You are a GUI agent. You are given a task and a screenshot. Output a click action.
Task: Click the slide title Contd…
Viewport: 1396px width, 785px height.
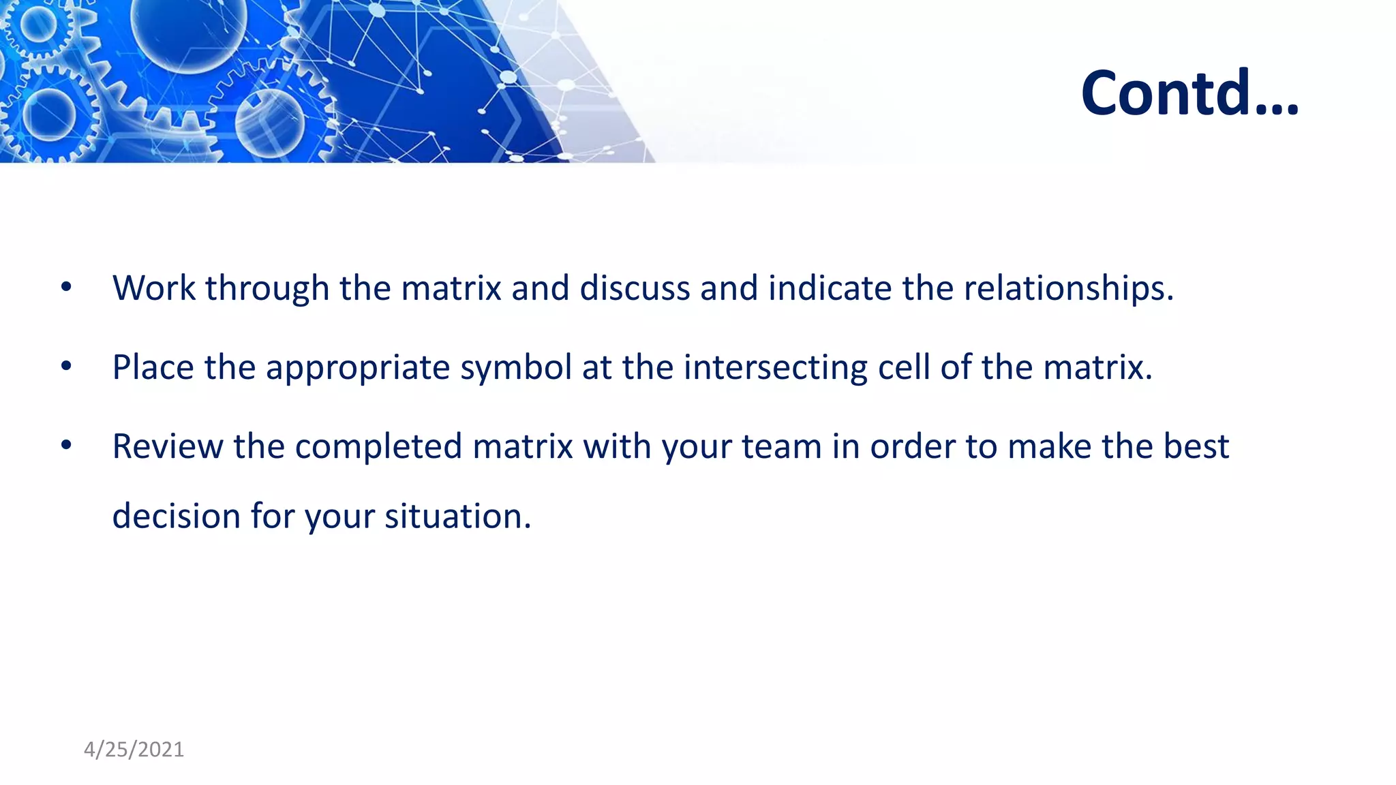point(1189,93)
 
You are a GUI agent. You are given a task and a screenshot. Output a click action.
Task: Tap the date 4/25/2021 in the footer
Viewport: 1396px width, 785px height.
point(134,750)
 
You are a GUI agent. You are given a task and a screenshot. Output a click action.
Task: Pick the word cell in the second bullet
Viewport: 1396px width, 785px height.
point(904,367)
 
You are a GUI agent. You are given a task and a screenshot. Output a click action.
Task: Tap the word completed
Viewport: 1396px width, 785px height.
point(378,446)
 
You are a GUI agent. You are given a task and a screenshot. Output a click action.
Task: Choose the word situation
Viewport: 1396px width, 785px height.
point(457,516)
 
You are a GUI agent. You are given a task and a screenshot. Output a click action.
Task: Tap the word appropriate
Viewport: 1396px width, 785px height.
point(357,369)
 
